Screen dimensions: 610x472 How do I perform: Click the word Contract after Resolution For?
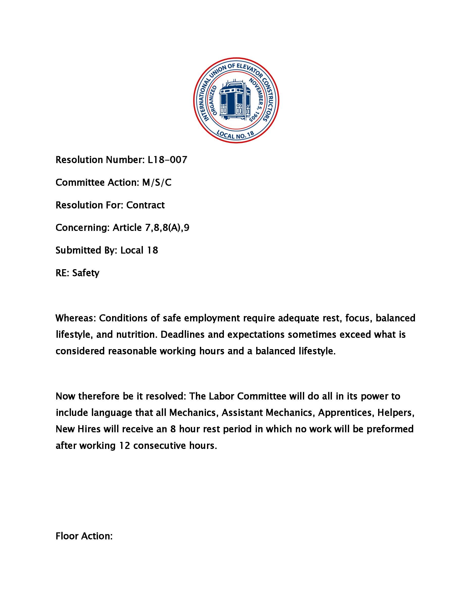click(x=145, y=205)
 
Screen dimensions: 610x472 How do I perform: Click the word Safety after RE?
click(x=86, y=273)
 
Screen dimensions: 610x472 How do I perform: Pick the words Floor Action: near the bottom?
click(x=84, y=536)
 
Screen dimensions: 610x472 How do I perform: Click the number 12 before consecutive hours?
click(x=124, y=445)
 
